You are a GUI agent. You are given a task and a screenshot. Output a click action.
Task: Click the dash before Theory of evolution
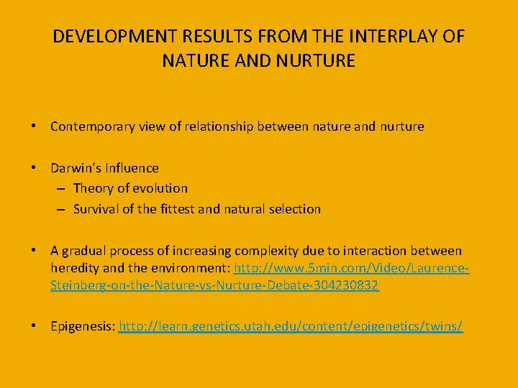click(61, 188)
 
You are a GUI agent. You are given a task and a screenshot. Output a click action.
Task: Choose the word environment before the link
click(194, 268)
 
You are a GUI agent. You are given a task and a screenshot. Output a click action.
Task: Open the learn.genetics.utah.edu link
click(291, 326)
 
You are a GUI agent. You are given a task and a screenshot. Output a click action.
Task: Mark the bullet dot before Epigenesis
click(34, 326)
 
